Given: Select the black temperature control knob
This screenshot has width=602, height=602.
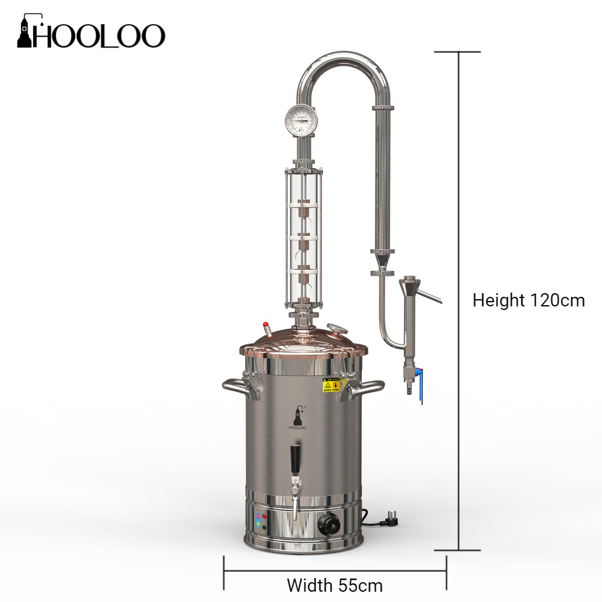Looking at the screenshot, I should click(329, 524).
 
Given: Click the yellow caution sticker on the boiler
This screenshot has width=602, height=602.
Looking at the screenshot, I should click(331, 385).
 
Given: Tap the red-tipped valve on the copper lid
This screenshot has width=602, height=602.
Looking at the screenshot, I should click(264, 326).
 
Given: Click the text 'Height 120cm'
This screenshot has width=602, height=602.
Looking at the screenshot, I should click(528, 300).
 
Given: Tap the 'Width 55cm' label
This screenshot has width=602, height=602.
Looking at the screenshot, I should click(334, 585).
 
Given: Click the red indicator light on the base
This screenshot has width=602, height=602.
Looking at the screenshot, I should click(265, 517).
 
